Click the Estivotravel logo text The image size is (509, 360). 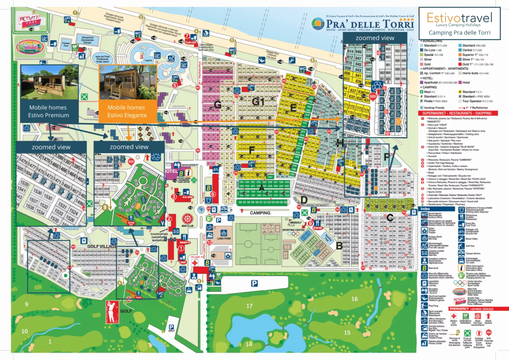click(459, 18)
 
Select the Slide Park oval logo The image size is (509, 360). click(30, 47)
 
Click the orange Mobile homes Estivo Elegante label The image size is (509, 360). click(127, 111)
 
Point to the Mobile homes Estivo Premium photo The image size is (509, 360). click(49, 82)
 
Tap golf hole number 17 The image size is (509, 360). click(249, 306)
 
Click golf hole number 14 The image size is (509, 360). click(249, 344)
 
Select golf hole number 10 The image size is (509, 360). click(24, 331)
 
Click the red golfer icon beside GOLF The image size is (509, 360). click(112, 312)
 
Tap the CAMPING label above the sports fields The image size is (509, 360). click(260, 213)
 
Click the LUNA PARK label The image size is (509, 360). click(224, 238)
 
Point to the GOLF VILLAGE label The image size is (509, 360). click(102, 246)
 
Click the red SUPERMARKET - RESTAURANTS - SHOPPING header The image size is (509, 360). click(459, 113)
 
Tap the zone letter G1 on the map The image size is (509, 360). click(258, 101)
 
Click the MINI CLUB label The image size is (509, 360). click(187, 226)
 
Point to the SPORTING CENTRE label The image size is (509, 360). click(293, 230)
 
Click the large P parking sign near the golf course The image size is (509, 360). click(254, 283)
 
